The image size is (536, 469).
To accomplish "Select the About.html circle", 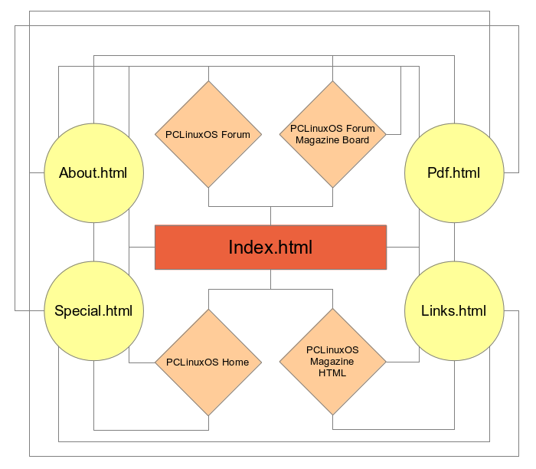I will coord(93,172).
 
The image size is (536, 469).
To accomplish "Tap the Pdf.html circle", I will coord(454,172).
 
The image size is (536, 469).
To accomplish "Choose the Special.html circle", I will coord(93,311).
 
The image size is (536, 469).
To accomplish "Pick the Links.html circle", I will coord(454,311).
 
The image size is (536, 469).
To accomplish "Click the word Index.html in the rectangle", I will coord(270,248).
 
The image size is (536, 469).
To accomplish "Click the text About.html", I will coord(93,172).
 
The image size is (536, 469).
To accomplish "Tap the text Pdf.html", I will coord(454,172).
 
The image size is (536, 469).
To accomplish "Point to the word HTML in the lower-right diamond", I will coord(332,373).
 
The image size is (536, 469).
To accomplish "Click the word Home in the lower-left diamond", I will coord(235,362).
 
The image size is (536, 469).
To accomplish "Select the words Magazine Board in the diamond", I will coord(332,140).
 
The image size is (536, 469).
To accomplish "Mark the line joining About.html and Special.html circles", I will coord(93,241).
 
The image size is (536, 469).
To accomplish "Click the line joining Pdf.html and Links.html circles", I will coord(454,241).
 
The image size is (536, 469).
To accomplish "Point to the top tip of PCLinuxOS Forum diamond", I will coord(208,82).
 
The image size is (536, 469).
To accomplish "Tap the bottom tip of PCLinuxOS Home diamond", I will coord(208,415).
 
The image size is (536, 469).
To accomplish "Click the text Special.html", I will coord(93,311).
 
